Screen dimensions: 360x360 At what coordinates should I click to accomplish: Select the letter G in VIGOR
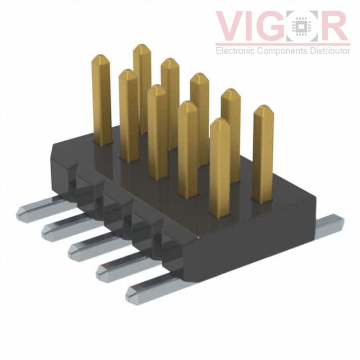[278, 26]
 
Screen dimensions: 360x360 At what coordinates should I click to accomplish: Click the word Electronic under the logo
[237, 51]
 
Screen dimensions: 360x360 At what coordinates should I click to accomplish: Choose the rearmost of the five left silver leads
[37, 209]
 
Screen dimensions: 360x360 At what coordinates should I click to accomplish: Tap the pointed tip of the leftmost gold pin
[100, 57]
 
